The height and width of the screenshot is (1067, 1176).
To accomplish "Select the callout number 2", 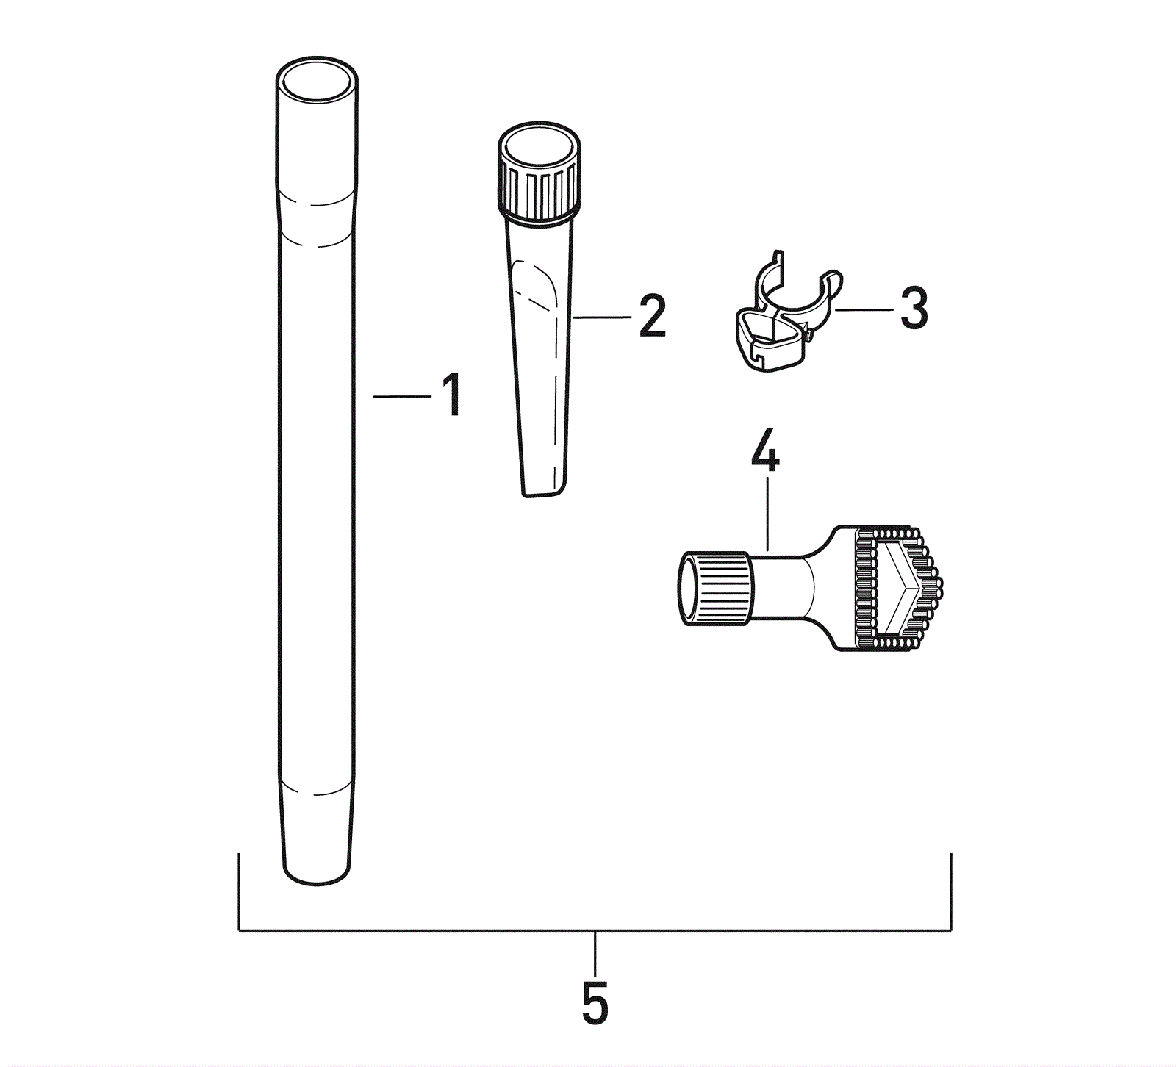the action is pyautogui.click(x=652, y=316).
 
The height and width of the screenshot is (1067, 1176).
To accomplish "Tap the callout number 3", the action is pyautogui.click(x=914, y=308).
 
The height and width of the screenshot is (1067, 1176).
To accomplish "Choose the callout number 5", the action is pyautogui.click(x=595, y=1002).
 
